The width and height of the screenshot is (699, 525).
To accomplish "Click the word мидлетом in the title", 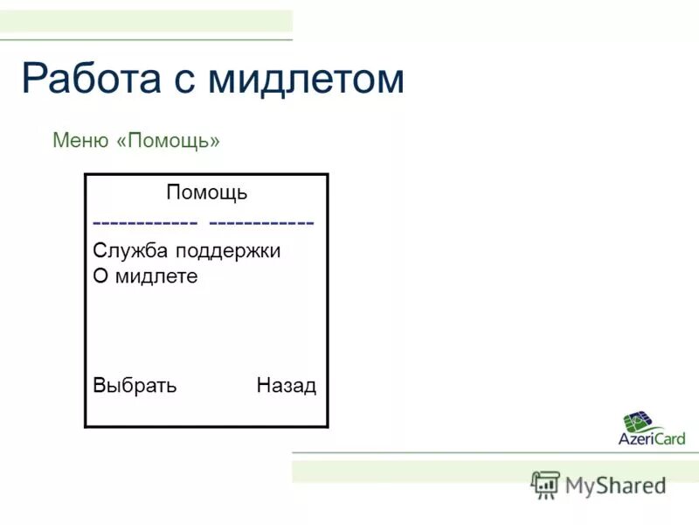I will coord(306,80).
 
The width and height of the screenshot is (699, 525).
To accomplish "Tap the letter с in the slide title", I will coord(190,81).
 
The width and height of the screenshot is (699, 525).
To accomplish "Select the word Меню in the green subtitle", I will coord(80,140).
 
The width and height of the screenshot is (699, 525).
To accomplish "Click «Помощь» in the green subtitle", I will coord(167,141).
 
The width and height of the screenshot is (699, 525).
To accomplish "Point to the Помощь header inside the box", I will coord(206,192).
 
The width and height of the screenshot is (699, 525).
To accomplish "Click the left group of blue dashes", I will coord(145,222).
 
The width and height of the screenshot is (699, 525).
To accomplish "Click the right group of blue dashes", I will coord(262,222).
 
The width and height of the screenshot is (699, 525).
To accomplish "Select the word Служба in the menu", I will coord(130,251).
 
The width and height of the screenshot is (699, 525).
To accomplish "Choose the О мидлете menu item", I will coord(145,276).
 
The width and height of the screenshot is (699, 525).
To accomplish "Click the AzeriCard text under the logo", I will coord(652,438).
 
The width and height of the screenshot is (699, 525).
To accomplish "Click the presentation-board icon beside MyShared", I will coord(545,485).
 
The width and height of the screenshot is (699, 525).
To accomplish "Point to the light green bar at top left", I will coord(146,21).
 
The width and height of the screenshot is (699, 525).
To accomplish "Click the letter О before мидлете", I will coord(100,276).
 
